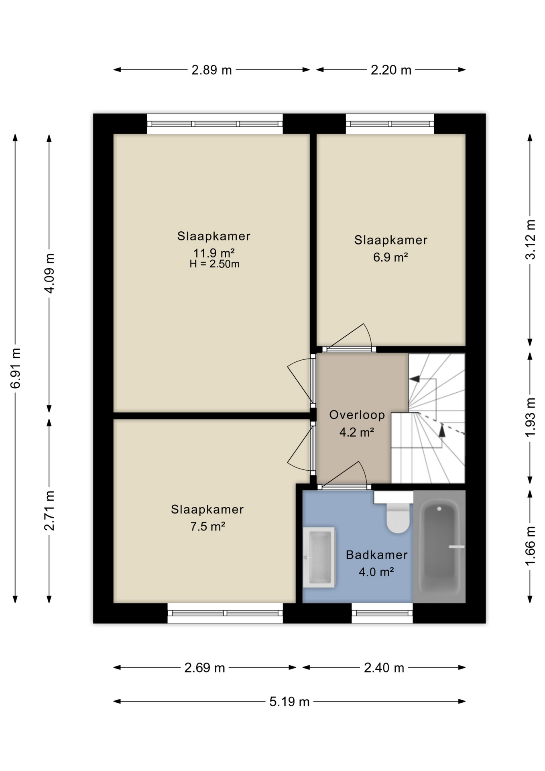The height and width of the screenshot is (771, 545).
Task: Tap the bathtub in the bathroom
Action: (439, 546)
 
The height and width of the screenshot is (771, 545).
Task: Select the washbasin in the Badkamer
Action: (319, 557)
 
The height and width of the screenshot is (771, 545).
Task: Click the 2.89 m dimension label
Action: (211, 70)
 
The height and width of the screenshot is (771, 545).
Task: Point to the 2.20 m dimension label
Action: (391, 70)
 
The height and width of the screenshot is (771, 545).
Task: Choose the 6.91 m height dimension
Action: (15, 368)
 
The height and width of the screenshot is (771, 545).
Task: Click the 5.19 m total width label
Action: (289, 702)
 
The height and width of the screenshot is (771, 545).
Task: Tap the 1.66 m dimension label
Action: (530, 546)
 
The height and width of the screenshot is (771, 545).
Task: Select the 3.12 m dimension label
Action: (530, 239)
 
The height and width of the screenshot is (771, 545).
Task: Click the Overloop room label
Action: (357, 415)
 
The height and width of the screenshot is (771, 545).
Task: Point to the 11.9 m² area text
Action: (214, 253)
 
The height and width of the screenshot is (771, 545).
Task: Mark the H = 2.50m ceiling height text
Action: (214, 264)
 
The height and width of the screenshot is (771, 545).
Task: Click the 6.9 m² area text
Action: (390, 257)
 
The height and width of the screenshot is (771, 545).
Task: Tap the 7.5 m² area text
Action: (207, 526)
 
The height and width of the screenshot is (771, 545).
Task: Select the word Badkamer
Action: (376, 555)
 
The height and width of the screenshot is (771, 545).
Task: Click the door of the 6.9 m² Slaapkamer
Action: (349, 339)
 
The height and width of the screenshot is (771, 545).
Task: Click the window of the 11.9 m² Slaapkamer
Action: (215, 124)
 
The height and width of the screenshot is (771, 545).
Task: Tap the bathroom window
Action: (382, 613)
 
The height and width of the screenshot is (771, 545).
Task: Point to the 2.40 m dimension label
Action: (384, 668)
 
